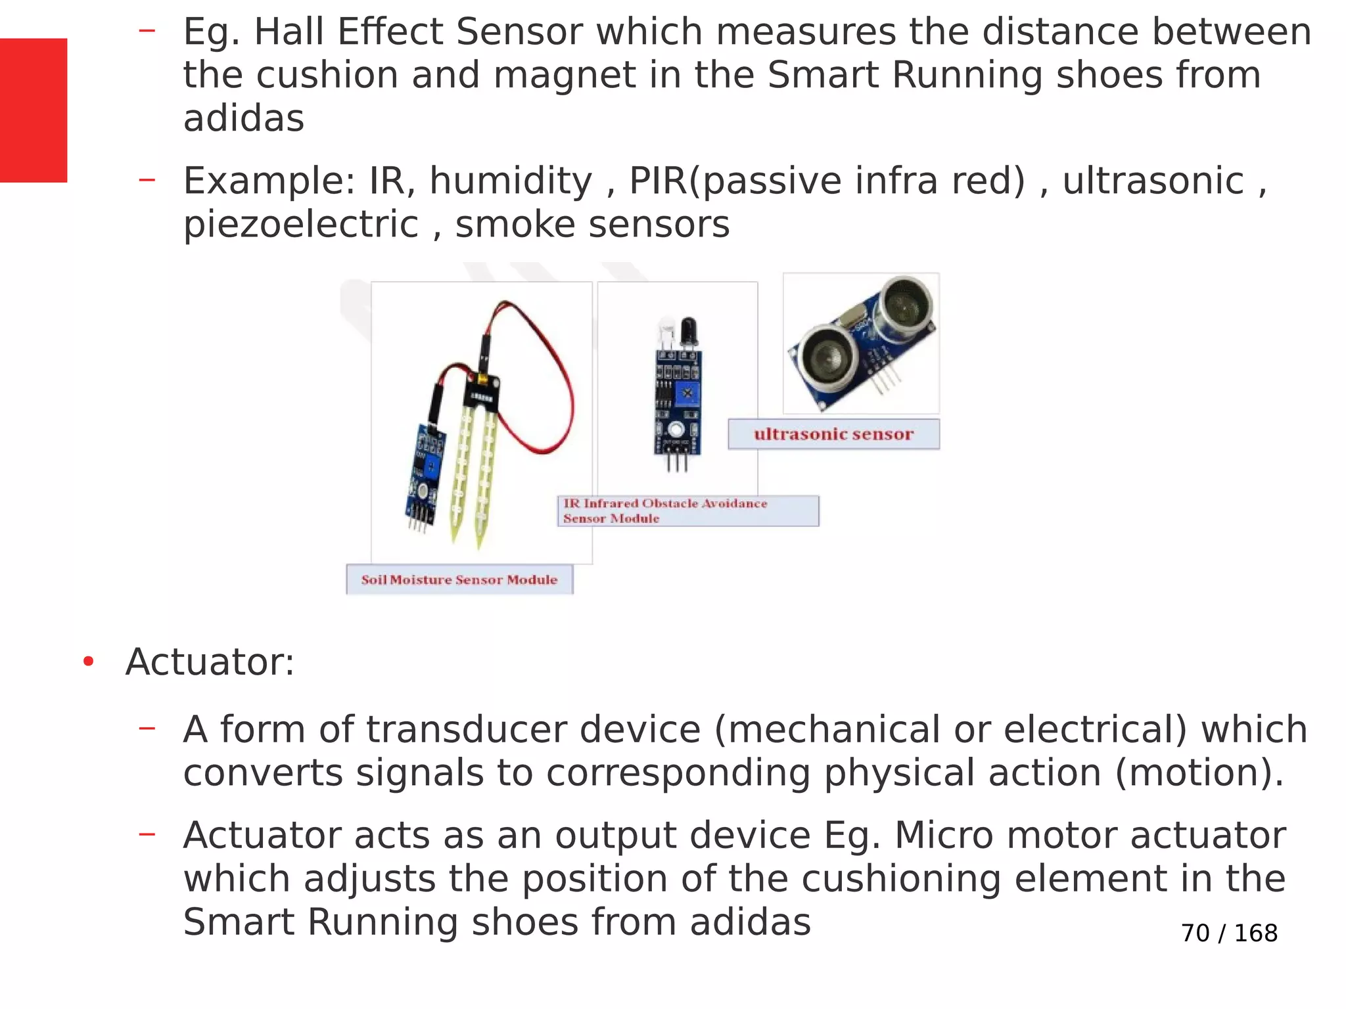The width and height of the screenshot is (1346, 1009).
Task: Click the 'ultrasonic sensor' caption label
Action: pyautogui.click(x=833, y=434)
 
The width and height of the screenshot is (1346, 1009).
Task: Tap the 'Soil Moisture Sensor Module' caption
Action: pyautogui.click(x=459, y=579)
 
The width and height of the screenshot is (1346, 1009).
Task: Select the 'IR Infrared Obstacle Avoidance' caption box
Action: pyautogui.click(x=687, y=510)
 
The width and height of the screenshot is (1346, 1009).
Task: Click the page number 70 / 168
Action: pyautogui.click(x=1228, y=933)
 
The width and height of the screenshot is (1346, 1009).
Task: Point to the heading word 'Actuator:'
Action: pyautogui.click(x=210, y=661)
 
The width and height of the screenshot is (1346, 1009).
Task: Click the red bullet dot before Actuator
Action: pyautogui.click(x=88, y=661)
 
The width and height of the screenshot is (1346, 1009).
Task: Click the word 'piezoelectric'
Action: pyautogui.click(x=300, y=225)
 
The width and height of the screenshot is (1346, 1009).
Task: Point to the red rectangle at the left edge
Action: pyautogui.click(x=33, y=110)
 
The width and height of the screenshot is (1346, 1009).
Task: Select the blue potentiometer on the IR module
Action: pyautogui.click(x=687, y=393)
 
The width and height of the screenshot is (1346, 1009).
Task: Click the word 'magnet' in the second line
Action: pyautogui.click(x=564, y=75)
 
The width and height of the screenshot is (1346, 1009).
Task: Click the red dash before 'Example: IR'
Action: pyautogui.click(x=147, y=179)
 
